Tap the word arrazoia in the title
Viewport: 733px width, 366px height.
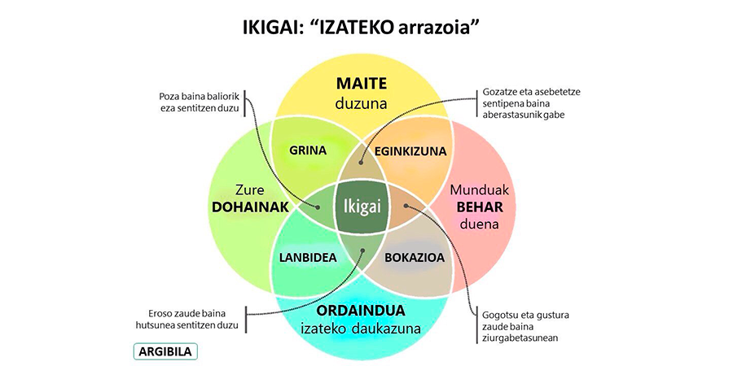coord(437,27)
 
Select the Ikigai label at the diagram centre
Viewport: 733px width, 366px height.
coord(362,207)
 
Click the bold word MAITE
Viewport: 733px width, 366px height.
coord(362,84)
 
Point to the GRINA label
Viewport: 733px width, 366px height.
coord(308,150)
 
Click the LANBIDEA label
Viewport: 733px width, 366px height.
coord(308,257)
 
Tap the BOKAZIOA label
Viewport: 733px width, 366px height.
coord(415,257)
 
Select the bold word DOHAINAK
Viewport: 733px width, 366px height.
coord(250,207)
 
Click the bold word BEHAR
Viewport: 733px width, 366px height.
coord(479,207)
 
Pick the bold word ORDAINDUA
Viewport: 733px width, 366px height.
coord(361,311)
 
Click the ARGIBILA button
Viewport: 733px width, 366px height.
coord(165,351)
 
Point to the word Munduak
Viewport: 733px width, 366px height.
coord(479,190)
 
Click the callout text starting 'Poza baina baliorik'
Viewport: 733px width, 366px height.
coord(200,102)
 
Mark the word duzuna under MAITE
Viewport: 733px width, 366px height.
coord(362,102)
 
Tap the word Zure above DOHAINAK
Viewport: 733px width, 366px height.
coord(250,190)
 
